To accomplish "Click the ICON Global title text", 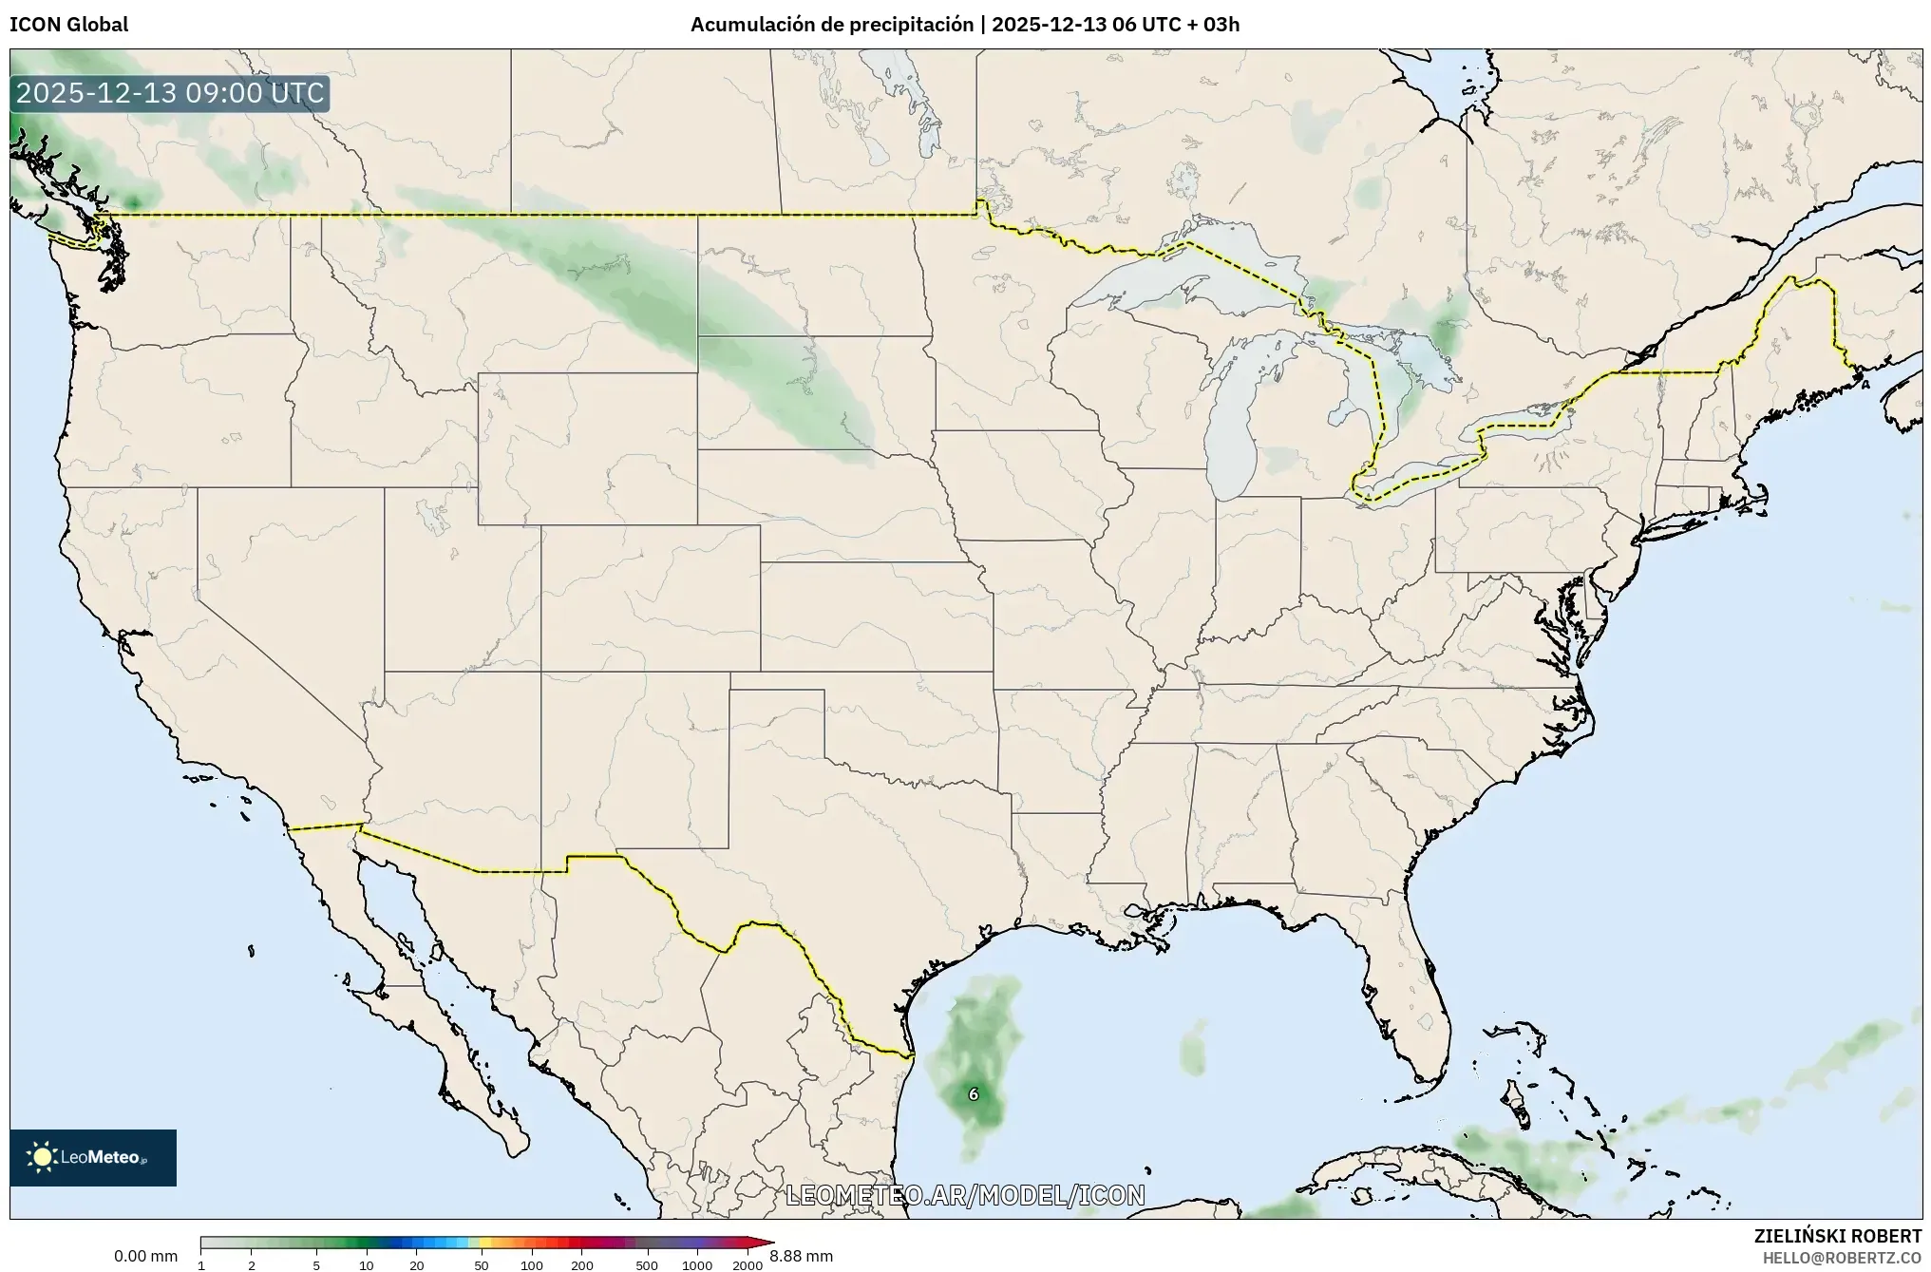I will (x=68, y=25).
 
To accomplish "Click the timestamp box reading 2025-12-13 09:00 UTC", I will (x=170, y=94).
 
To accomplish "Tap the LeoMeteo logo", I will (x=93, y=1157).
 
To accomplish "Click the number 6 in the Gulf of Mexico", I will (x=973, y=1094).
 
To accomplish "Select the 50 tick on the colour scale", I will (x=482, y=1264).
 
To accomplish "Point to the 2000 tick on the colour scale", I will (x=748, y=1264).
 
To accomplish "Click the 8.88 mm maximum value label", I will (x=801, y=1256).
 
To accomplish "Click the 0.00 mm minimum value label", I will (x=145, y=1256).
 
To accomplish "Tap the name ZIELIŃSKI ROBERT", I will (x=1837, y=1236).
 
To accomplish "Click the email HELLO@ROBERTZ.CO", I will (x=1842, y=1258).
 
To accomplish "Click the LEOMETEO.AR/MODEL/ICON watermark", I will (x=965, y=1195).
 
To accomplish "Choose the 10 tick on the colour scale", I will (x=367, y=1264).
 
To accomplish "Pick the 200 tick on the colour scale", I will (x=581, y=1264).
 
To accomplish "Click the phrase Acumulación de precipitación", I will (x=831, y=25).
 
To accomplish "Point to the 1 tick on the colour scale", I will (x=201, y=1264).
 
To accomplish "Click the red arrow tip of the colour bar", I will (x=767, y=1243).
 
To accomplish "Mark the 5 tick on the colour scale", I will (x=316, y=1264).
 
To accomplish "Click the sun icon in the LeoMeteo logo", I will (x=43, y=1157).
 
